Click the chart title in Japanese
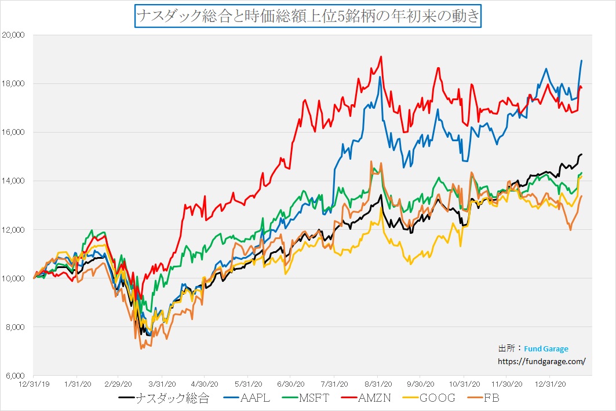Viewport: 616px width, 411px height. (x=308, y=16)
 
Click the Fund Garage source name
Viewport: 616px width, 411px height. (x=546, y=348)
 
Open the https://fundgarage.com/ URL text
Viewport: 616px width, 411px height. (x=542, y=361)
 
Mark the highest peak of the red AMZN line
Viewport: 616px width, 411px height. (x=381, y=57)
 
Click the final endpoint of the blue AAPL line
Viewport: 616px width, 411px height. (x=581, y=61)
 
